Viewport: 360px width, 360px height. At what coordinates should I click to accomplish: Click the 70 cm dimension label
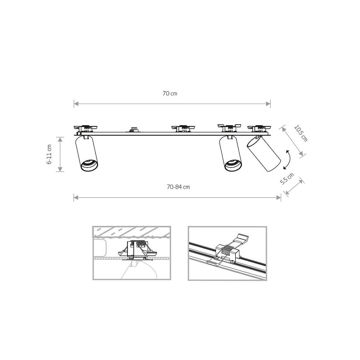pos(170,94)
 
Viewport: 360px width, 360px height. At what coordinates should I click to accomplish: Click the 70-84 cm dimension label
pos(179,187)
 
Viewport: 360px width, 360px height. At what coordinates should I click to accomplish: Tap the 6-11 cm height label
pos(49,154)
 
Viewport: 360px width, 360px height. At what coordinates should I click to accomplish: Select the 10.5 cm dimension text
pos(301,134)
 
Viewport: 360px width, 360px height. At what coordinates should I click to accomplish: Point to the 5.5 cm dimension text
pos(287,179)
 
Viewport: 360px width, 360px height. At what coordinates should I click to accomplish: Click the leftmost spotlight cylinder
pos(86,153)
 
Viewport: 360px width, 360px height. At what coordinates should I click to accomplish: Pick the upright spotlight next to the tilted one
pos(230,153)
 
